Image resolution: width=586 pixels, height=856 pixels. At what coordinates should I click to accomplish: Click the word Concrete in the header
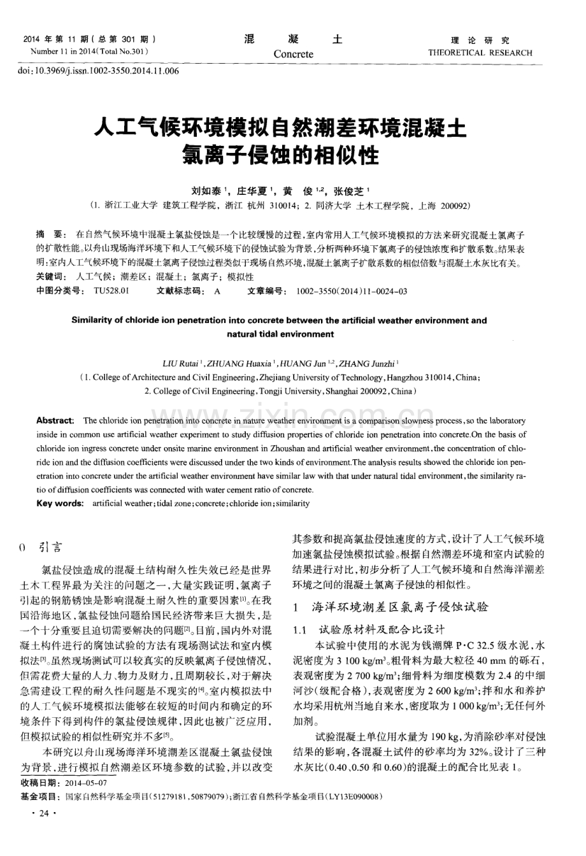tap(294, 54)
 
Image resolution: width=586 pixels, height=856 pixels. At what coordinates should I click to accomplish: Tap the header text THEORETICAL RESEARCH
tap(481, 53)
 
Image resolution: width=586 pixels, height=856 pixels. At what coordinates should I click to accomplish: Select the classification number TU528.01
tap(111, 290)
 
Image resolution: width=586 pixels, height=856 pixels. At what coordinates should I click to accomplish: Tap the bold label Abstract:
tap(55, 420)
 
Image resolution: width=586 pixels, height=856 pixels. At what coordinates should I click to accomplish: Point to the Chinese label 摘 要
tap(50, 234)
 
